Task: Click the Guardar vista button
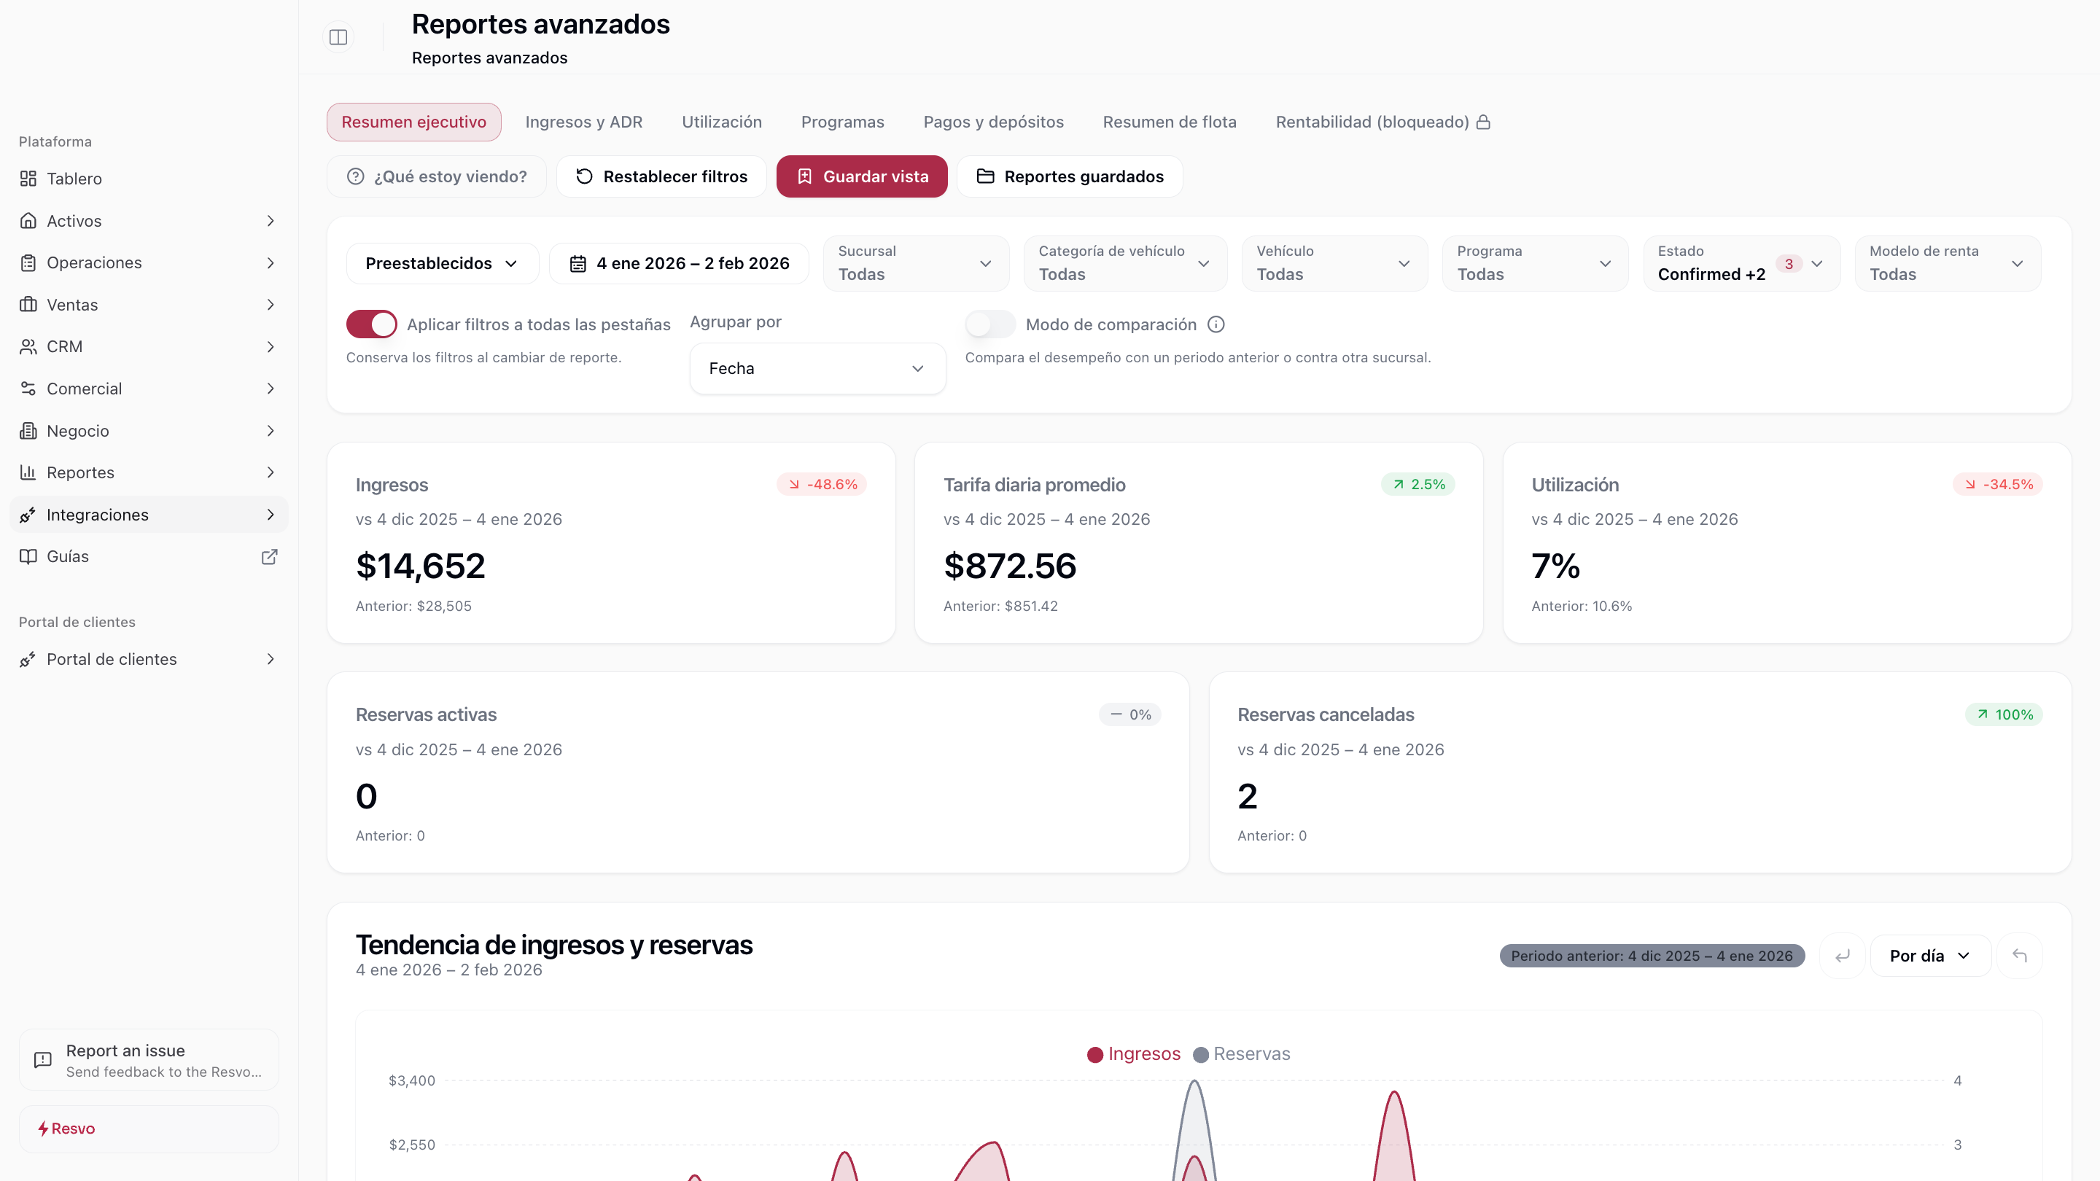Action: pos(862,176)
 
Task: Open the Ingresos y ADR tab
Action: pos(583,122)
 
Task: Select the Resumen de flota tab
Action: pos(1169,122)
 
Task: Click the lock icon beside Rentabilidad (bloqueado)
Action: pos(1484,122)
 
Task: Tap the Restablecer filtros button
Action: pos(661,176)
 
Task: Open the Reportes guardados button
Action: pos(1070,176)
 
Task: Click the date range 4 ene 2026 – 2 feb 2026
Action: pos(679,263)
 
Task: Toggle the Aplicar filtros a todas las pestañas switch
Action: pos(372,324)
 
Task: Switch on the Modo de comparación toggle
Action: pos(989,324)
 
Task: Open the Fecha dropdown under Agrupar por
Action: pos(817,368)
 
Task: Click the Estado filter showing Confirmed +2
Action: pos(1741,263)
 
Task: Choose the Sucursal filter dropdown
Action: pos(916,263)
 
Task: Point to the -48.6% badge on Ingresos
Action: pos(822,484)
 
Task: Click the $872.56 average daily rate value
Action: pos(1009,566)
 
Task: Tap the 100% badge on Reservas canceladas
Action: pos(2004,714)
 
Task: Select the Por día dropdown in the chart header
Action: pos(1929,956)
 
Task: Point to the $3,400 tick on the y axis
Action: pos(412,1080)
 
